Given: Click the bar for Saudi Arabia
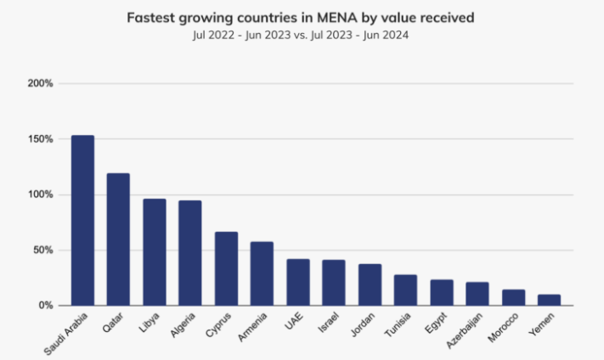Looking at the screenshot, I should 82,221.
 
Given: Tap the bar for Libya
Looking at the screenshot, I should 154,252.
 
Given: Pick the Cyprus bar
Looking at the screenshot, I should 226,268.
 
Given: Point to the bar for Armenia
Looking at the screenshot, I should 262,273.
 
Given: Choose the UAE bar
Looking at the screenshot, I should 297,282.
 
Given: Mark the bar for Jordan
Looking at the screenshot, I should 370,284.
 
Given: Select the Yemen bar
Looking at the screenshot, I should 549,300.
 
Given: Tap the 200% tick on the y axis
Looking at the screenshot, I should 41,83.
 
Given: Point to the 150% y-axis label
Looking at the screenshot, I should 41,138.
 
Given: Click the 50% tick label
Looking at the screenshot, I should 43,250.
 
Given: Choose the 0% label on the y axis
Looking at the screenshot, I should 46,305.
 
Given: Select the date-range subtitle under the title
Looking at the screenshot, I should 302,37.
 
